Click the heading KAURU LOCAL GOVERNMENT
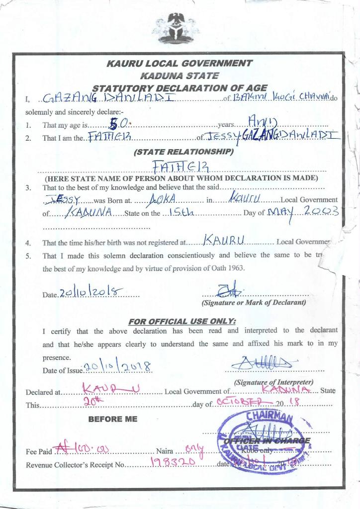coord(180,64)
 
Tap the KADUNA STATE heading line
coord(180,76)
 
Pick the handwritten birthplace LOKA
coord(161,199)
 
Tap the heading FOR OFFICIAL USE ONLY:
coord(182,321)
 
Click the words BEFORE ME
coord(112,419)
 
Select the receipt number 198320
coord(169,464)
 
